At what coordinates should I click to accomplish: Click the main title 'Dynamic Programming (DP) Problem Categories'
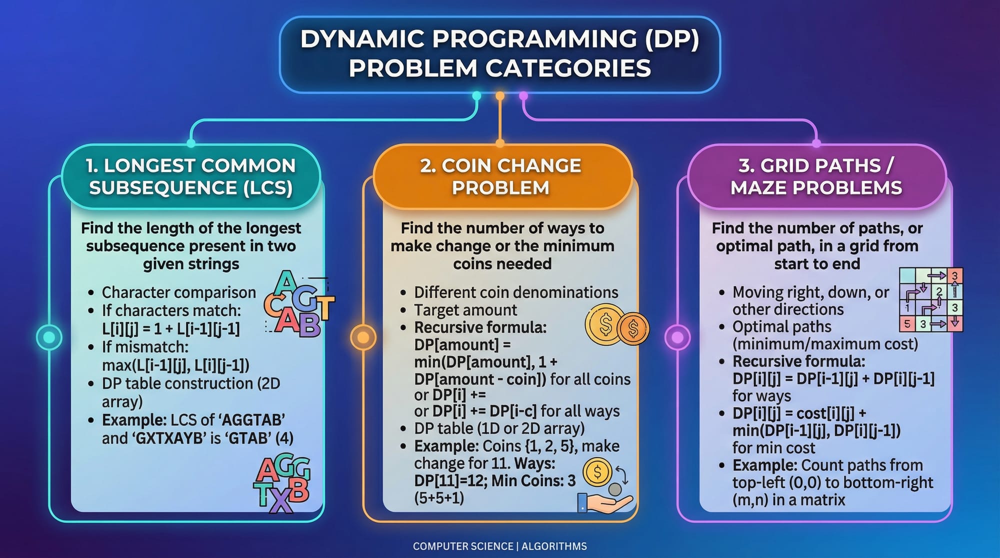pyautogui.click(x=499, y=53)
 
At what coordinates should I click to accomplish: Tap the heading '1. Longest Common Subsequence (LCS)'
pyautogui.click(x=190, y=176)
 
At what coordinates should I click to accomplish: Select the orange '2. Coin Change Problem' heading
pyautogui.click(x=500, y=176)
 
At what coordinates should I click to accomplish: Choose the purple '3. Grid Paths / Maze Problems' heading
pyautogui.click(x=816, y=176)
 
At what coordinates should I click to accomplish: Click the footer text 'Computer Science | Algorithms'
pyautogui.click(x=499, y=546)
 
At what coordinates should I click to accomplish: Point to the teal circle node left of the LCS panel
pyautogui.click(x=49, y=337)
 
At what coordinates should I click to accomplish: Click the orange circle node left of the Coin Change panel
pyautogui.click(x=363, y=337)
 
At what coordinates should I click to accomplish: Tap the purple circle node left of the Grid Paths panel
pyautogui.click(x=677, y=337)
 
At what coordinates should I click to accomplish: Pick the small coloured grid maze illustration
pyautogui.click(x=930, y=299)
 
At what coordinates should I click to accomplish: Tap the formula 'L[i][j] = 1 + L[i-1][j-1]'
pyautogui.click(x=171, y=328)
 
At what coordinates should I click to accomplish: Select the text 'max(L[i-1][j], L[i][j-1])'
pyautogui.click(x=175, y=365)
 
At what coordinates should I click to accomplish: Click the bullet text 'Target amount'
pyautogui.click(x=465, y=310)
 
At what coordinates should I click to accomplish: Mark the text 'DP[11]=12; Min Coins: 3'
pyautogui.click(x=495, y=480)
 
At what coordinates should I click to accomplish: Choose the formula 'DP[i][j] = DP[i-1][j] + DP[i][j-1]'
pyautogui.click(x=833, y=378)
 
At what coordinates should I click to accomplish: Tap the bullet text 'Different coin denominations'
pyautogui.click(x=516, y=292)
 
